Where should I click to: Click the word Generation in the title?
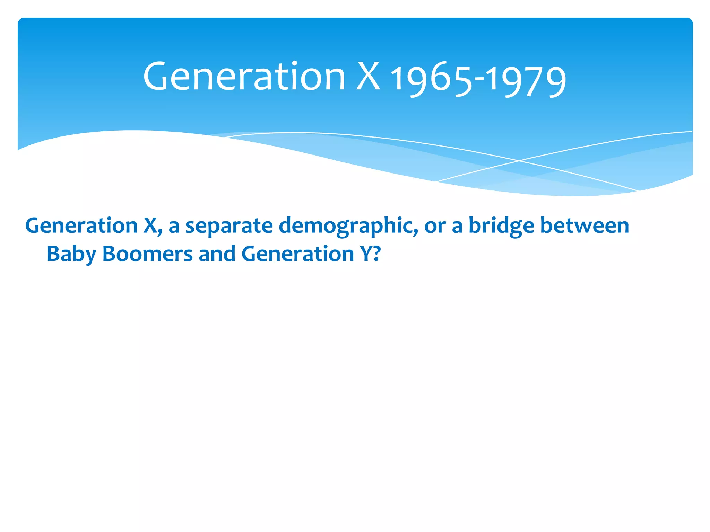(244, 77)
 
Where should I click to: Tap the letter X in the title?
(368, 77)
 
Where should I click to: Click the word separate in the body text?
(229, 226)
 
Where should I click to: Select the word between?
(585, 225)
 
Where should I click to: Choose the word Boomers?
(147, 254)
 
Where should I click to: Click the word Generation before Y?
(297, 254)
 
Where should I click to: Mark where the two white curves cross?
(519, 161)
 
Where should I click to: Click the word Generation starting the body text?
(82, 226)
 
